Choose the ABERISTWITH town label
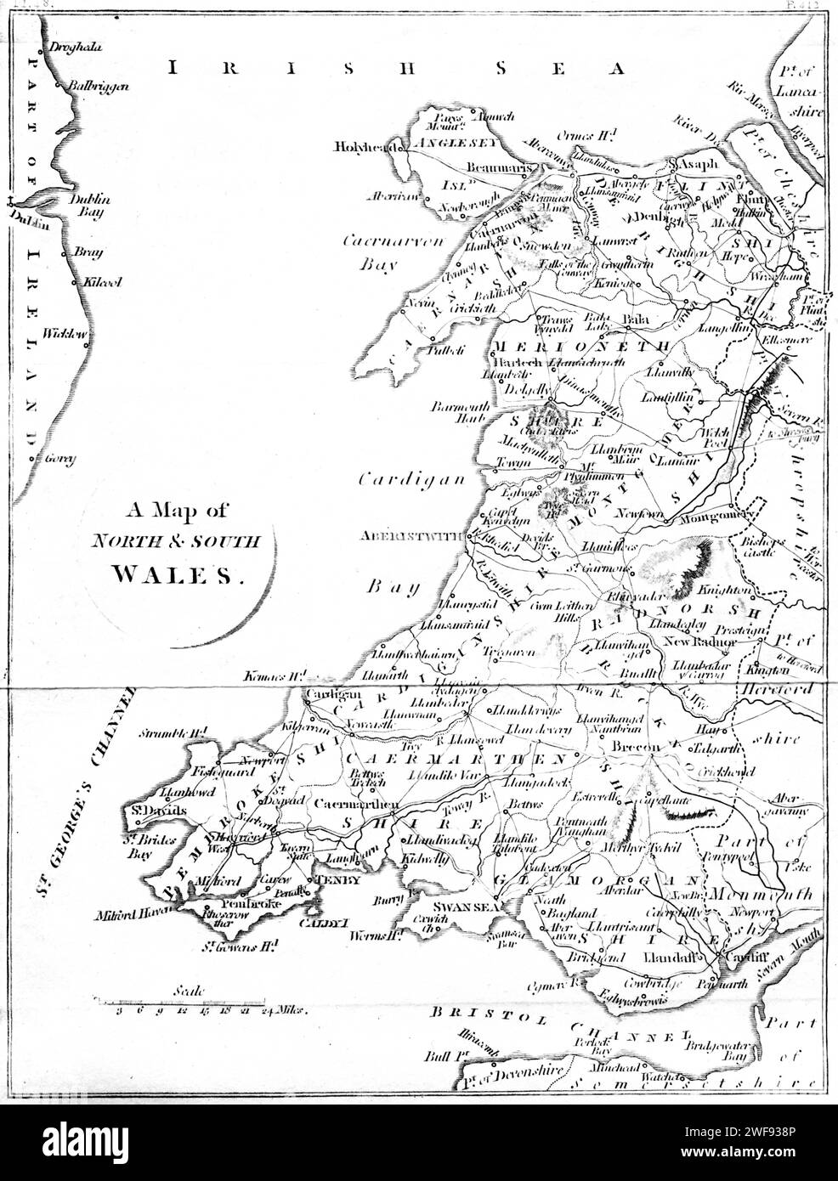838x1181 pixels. pyautogui.click(x=412, y=536)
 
